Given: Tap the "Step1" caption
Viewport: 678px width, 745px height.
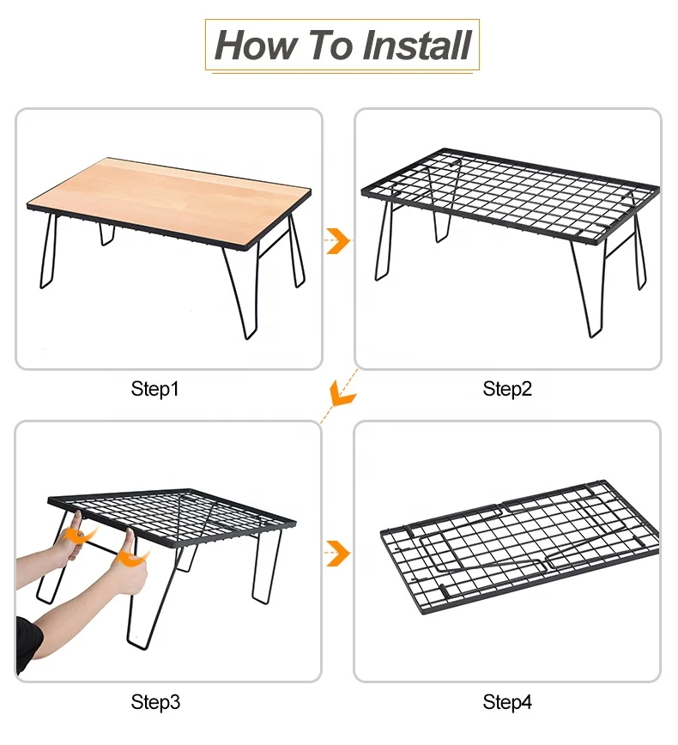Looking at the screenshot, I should pos(155,389).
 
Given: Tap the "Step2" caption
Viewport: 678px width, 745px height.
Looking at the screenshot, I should pos(507,389).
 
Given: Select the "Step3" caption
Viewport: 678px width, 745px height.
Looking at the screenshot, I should pos(155,702).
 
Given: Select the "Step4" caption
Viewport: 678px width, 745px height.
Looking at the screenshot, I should pos(507,702).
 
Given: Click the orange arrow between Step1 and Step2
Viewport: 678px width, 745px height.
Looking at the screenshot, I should pos(339,241).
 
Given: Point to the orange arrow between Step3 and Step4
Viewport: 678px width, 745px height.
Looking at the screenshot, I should pos(339,554).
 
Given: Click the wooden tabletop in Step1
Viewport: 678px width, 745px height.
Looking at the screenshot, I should pos(172,193).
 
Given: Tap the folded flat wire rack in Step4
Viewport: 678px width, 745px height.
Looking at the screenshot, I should pos(515,549).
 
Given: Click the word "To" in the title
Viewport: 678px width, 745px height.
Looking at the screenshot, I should pos(330,45).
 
